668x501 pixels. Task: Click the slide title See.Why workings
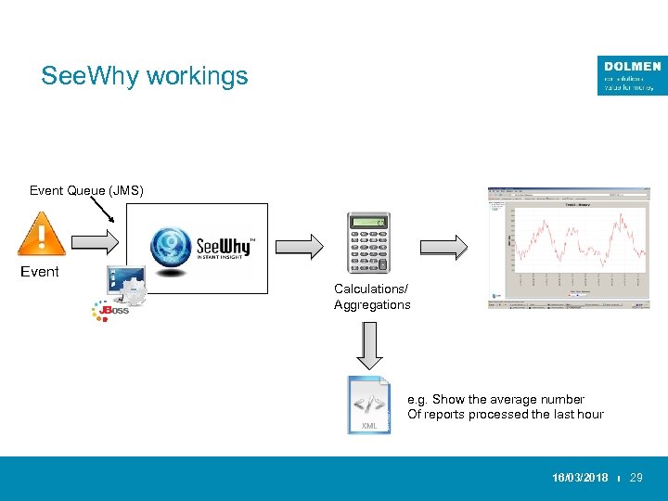click(145, 76)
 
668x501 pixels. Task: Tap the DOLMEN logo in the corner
click(632, 75)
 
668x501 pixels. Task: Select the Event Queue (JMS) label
click(85, 191)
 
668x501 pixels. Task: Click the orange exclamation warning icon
click(41, 232)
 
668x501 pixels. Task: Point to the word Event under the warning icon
click(40, 272)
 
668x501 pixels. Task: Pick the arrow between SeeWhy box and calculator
click(298, 246)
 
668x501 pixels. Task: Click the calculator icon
click(366, 242)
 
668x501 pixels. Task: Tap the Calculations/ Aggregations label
click(372, 297)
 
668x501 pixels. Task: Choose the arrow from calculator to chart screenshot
click(443, 246)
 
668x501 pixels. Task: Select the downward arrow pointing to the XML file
click(369, 344)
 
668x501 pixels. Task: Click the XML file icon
click(369, 405)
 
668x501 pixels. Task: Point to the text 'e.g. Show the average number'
click(496, 399)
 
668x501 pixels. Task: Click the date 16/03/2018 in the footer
click(580, 478)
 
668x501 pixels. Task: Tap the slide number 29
click(636, 478)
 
